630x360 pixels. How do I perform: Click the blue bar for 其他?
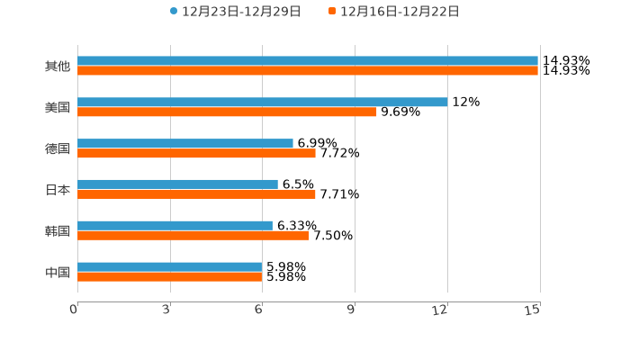pyautogui.click(x=308, y=61)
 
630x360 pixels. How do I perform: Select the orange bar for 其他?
pyautogui.click(x=308, y=71)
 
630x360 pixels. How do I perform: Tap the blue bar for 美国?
pyautogui.click(x=262, y=103)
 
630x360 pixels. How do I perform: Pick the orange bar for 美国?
pyautogui.click(x=227, y=112)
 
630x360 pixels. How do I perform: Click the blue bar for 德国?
pyautogui.click(x=185, y=144)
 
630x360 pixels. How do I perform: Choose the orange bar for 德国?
pyautogui.click(x=196, y=154)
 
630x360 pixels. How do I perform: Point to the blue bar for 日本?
pyautogui.click(x=177, y=184)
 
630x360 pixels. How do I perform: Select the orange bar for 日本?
pyautogui.click(x=196, y=194)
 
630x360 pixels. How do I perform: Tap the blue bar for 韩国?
pyautogui.click(x=175, y=226)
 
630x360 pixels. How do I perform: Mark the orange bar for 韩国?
pyautogui.click(x=193, y=236)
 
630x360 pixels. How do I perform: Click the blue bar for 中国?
pyautogui.click(x=170, y=267)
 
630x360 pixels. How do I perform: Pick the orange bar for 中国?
pyautogui.click(x=170, y=277)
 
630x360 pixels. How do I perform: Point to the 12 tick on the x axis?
pyautogui.click(x=440, y=310)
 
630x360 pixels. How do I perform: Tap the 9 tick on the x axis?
pyautogui.click(x=352, y=310)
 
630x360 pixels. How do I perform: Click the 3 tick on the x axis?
pyautogui.click(x=167, y=310)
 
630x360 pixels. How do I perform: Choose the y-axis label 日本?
pyautogui.click(x=58, y=190)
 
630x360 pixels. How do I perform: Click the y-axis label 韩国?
pyautogui.click(x=58, y=231)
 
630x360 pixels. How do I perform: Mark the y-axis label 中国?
pyautogui.click(x=58, y=273)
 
